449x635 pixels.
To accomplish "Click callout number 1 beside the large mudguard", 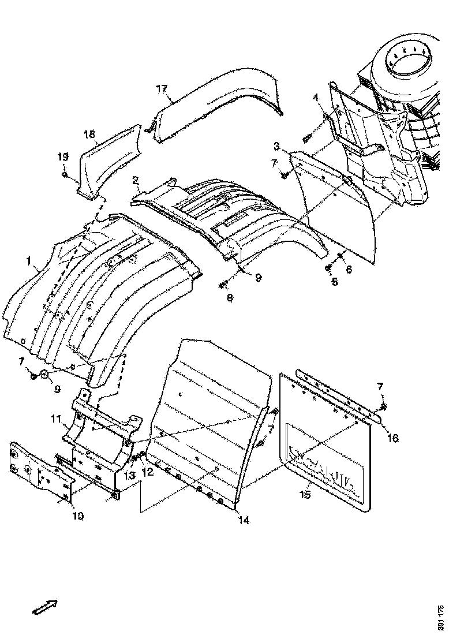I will click(28, 262).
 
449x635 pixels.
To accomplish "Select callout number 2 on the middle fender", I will click(135, 180).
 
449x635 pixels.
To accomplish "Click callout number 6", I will click(348, 269).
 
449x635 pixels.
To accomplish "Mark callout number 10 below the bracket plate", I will click(77, 516).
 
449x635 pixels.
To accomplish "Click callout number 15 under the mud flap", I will click(306, 495).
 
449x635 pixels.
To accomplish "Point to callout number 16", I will click(392, 438).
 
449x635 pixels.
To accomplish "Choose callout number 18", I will click(89, 135).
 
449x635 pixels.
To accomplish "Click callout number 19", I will click(62, 156).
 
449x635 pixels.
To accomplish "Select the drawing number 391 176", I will click(440, 617).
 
